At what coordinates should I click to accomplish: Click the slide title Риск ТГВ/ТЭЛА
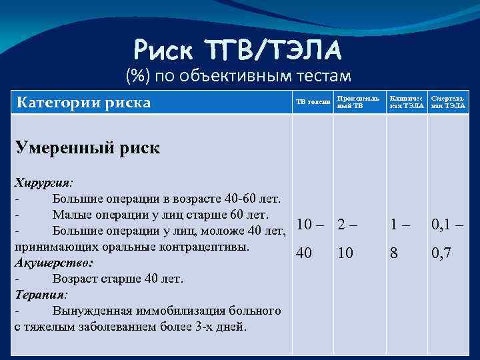tap(238, 48)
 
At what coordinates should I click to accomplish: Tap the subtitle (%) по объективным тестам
tap(238, 77)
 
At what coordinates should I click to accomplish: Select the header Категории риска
tap(83, 103)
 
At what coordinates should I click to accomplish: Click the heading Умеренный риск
tap(87, 148)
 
